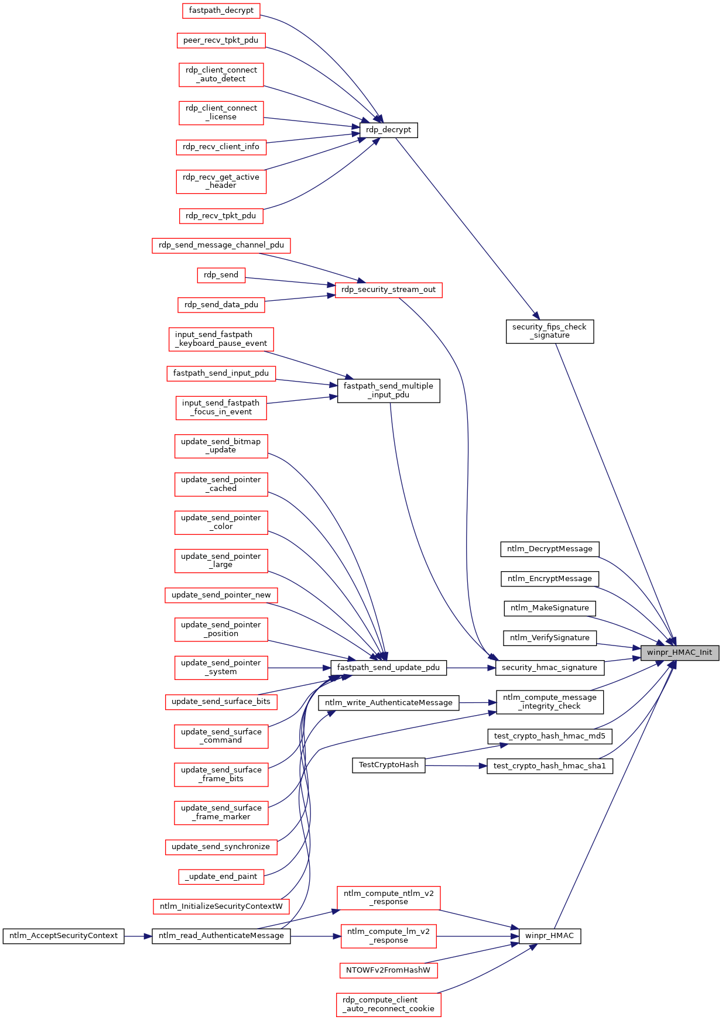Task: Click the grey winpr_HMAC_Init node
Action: pos(679,652)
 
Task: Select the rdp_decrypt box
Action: pos(388,130)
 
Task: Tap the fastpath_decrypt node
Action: pos(221,11)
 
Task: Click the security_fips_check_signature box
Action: pos(549,331)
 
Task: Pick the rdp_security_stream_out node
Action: pos(388,290)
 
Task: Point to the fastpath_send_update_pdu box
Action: pos(388,668)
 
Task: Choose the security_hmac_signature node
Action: pos(549,668)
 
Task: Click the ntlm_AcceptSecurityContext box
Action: pos(63,936)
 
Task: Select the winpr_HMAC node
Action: pos(549,936)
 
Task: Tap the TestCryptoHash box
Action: pos(389,765)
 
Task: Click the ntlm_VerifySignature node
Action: pos(550,638)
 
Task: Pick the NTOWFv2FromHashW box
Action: pos(388,970)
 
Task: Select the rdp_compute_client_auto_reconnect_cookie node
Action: pos(389,1004)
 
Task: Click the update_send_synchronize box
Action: pos(221,847)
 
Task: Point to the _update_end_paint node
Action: pos(221,877)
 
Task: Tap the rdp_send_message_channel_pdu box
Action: pos(221,245)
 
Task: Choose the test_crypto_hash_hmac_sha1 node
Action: pos(550,766)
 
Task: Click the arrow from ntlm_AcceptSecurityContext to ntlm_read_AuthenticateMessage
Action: pos(138,936)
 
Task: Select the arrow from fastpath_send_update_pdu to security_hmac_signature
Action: pos(471,668)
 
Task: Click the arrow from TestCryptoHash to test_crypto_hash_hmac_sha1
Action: pos(456,765)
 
